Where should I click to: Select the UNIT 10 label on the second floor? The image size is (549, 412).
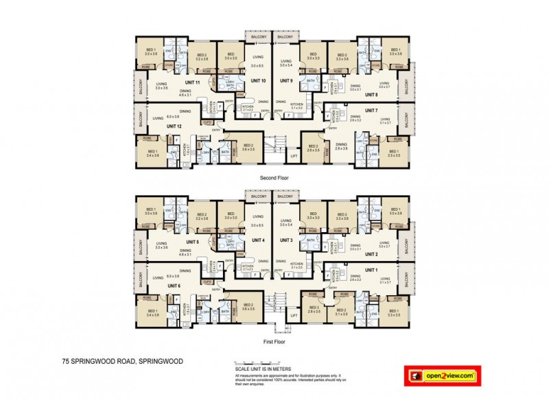coord(259,81)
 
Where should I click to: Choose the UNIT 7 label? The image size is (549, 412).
coord(371,110)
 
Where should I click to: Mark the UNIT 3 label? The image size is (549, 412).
coord(286,240)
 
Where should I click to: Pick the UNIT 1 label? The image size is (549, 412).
coord(371,270)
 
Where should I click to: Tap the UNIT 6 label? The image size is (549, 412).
coord(173,286)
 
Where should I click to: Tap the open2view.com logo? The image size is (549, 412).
coord(443,376)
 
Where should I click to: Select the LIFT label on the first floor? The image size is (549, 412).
coord(294,315)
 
